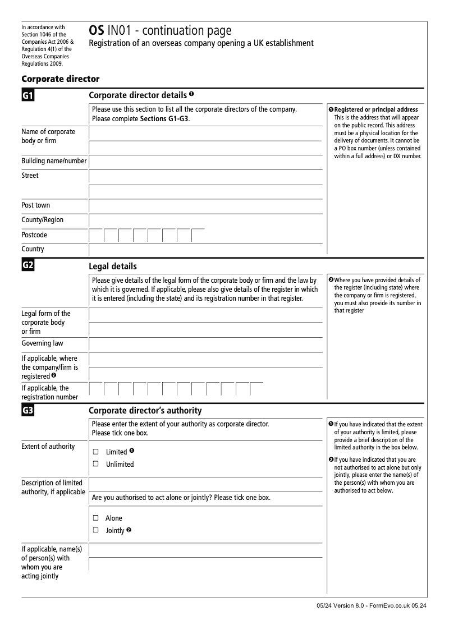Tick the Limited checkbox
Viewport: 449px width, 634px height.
(x=95, y=452)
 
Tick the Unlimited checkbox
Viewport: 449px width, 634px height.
(x=95, y=464)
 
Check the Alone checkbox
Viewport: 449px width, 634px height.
(x=95, y=518)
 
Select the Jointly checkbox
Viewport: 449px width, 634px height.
(x=95, y=530)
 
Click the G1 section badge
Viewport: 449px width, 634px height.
(x=28, y=96)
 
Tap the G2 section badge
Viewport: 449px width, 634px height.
(x=28, y=266)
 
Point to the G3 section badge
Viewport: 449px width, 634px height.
(x=28, y=411)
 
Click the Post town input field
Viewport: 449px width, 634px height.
(x=205, y=205)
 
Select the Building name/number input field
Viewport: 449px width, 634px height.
(x=205, y=162)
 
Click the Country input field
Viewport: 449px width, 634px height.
(x=205, y=249)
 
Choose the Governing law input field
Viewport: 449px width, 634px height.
(x=205, y=344)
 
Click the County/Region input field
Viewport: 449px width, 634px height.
(x=205, y=220)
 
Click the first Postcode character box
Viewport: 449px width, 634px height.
(x=96, y=235)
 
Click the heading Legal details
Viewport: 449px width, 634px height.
(x=113, y=267)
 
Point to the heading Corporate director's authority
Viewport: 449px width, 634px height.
(x=145, y=411)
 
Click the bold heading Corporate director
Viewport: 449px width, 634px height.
(x=60, y=79)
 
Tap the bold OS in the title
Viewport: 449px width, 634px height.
(x=96, y=31)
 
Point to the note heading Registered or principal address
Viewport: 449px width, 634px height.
(x=375, y=109)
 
